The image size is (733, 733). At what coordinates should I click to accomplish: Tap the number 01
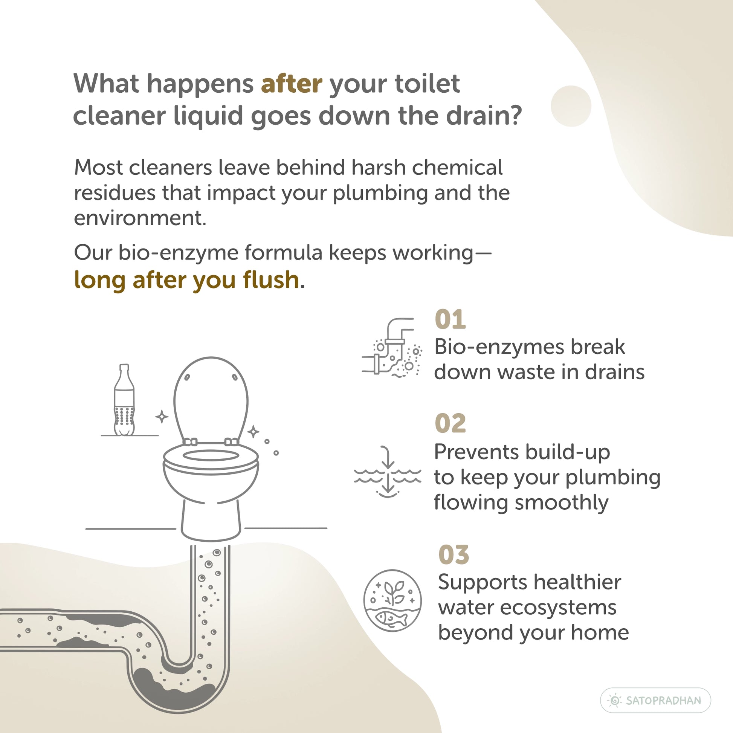[x=450, y=319]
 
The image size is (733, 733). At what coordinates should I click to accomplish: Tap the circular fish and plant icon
[x=392, y=600]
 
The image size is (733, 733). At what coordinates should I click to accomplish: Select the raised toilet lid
[x=211, y=399]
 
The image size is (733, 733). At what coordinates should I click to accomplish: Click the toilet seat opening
[x=211, y=455]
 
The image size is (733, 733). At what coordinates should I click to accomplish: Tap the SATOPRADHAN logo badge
[x=655, y=700]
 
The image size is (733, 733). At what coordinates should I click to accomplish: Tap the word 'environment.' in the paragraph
[x=140, y=218]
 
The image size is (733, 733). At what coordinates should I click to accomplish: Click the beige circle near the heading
[x=571, y=106]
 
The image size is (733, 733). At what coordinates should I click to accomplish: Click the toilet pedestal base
[x=211, y=518]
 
